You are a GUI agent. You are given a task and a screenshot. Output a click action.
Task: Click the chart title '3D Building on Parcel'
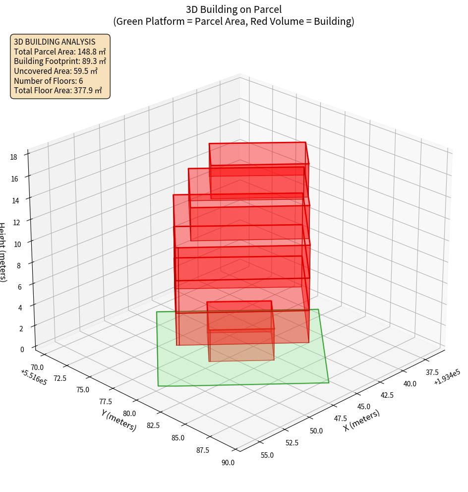(x=234, y=9)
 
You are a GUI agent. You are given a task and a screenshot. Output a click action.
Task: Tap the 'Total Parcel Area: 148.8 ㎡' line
(x=59, y=52)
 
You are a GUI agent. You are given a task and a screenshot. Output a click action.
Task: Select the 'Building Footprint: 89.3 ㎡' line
(x=59, y=61)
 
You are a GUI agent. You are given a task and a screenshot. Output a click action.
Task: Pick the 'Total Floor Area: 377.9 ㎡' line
(x=58, y=90)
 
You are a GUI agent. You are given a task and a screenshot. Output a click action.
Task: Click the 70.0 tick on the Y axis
(x=37, y=367)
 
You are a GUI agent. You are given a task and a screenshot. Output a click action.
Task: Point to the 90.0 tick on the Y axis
(x=228, y=463)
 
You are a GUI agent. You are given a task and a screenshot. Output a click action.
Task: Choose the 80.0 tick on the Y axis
(x=129, y=413)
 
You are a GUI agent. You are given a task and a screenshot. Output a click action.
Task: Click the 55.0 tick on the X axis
(x=267, y=455)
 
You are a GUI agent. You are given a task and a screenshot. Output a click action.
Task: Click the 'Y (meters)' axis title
(x=118, y=420)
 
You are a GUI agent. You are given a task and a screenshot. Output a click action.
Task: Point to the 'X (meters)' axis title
(x=361, y=421)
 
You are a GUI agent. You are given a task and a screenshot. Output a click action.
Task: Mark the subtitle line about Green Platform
(x=234, y=21)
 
